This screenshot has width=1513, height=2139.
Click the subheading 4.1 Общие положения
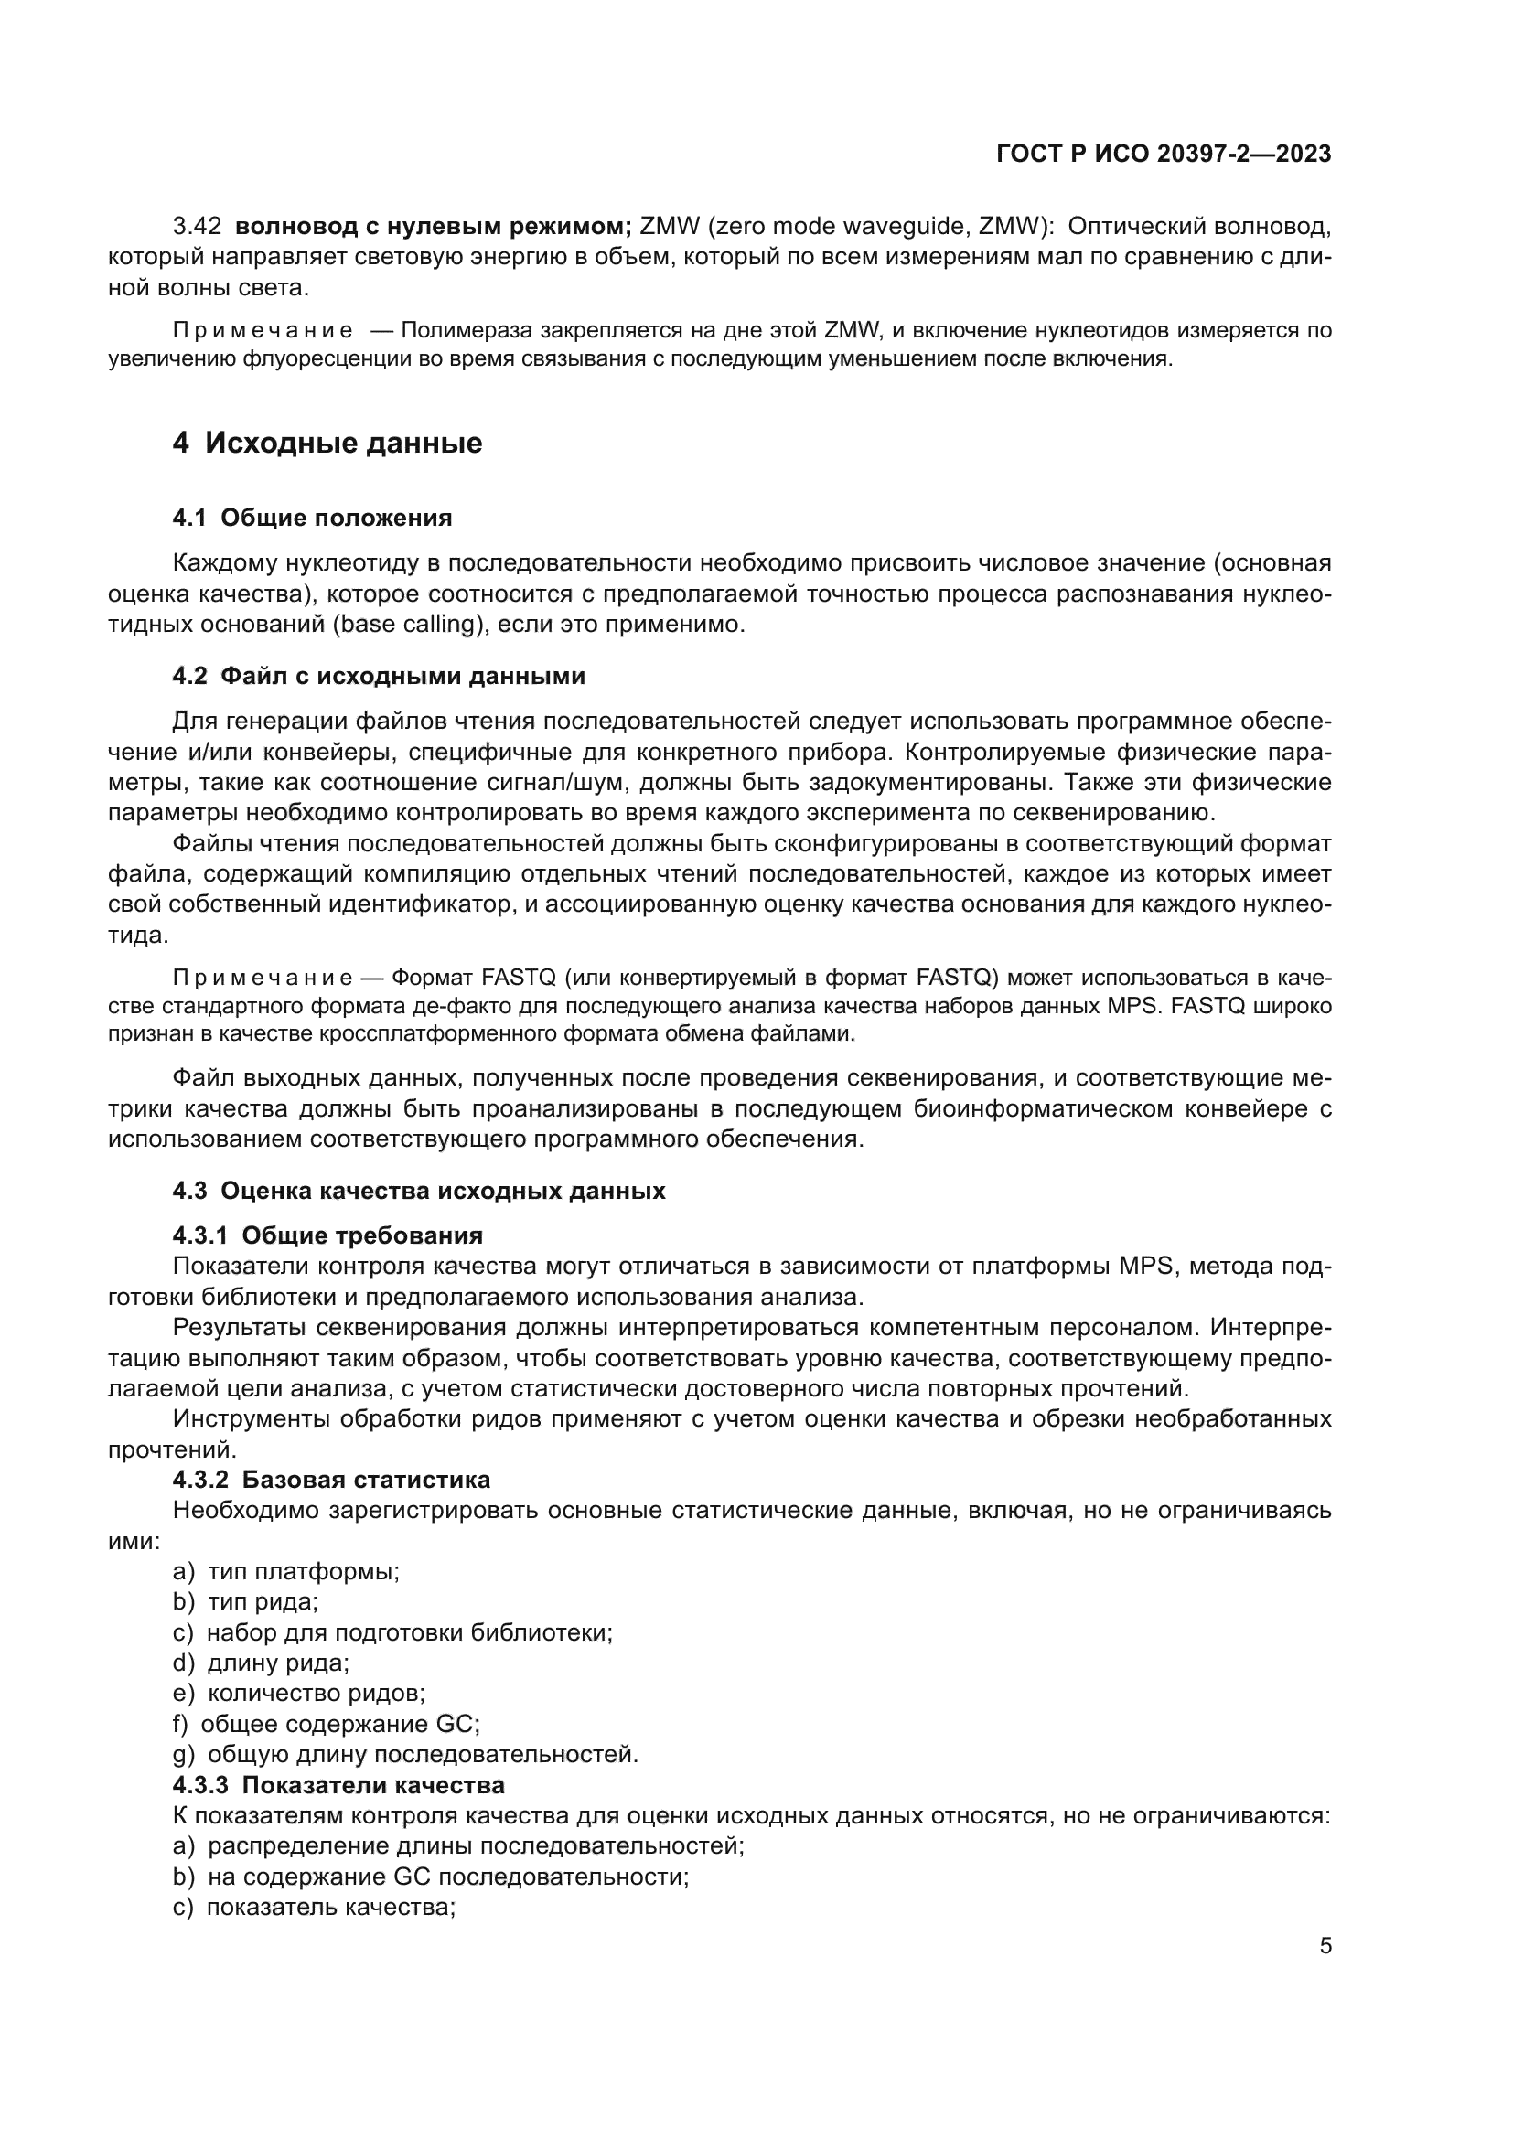[x=312, y=518]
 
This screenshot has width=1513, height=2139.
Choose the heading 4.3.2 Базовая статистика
[x=331, y=1480]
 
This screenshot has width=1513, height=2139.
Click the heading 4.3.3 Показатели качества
[x=338, y=1785]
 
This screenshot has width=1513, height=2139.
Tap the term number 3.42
[x=197, y=227]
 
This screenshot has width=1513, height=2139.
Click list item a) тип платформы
[x=286, y=1572]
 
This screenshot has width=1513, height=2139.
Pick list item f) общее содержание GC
[x=326, y=1725]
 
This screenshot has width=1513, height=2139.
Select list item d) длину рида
[x=261, y=1663]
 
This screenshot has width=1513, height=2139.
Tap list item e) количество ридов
[x=298, y=1694]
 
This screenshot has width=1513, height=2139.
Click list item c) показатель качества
[x=314, y=1907]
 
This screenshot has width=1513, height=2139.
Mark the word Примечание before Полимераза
[x=263, y=331]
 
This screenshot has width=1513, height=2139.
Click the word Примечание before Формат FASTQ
[x=263, y=979]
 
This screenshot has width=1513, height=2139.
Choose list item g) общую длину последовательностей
[x=405, y=1755]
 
